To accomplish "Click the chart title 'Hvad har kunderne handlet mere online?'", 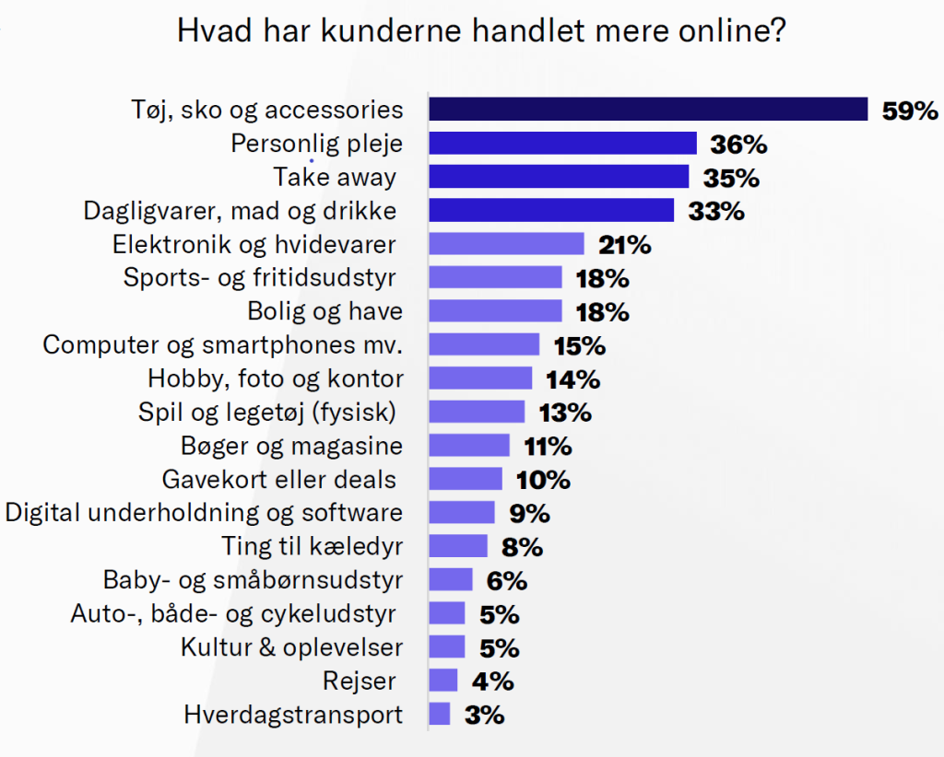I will [481, 32].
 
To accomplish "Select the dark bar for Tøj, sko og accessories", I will [648, 110].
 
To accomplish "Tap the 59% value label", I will [910, 111].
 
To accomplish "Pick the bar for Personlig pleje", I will [562, 144].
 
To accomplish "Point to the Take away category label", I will [335, 177].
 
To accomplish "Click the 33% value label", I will [716, 211].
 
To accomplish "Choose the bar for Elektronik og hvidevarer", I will [506, 244].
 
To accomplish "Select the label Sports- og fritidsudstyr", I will [261, 278].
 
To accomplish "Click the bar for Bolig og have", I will [495, 311].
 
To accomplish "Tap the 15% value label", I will [579, 345].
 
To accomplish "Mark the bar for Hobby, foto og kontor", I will [480, 378].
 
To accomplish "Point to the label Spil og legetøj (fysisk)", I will [266, 412].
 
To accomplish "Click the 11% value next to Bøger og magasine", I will [548, 447].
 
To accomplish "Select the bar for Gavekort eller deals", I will [466, 480].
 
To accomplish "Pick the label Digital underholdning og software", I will [204, 513].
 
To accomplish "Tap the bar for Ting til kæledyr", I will [458, 546].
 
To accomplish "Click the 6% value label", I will [507, 580].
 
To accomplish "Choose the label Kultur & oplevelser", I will [292, 646].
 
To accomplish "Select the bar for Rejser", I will [443, 681].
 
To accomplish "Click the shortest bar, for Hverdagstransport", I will [440, 715].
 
